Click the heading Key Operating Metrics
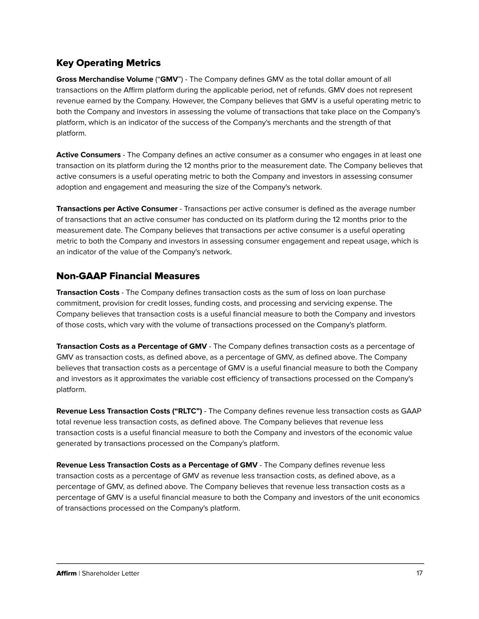point(108,63)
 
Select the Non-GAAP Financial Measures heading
point(128,276)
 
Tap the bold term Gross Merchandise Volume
point(104,79)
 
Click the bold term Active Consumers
point(88,155)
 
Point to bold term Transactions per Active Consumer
point(117,209)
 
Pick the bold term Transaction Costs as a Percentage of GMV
point(131,346)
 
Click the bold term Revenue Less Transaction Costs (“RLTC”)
point(129,411)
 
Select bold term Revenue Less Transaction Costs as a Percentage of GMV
point(157,465)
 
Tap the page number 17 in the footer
point(419,573)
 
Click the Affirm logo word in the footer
point(66,574)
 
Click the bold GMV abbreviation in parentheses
point(169,79)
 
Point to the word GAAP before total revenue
point(411,411)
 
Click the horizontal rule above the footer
point(240,564)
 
